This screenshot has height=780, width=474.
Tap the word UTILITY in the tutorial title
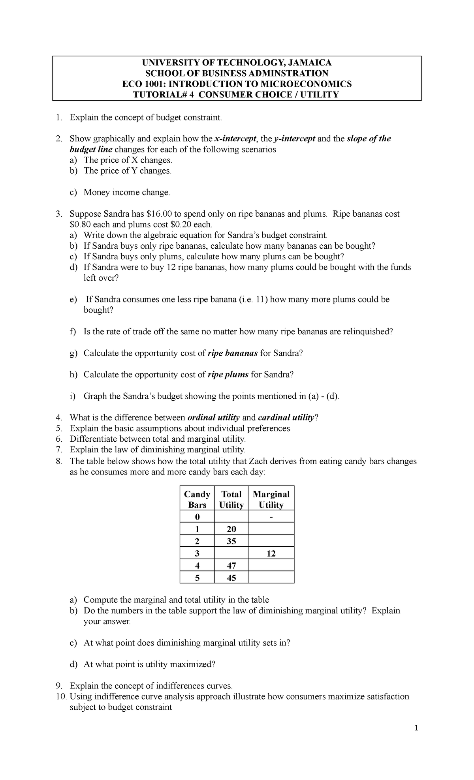click(319, 94)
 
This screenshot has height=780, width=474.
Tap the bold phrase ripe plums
click(228, 374)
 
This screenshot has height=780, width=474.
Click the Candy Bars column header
click(197, 499)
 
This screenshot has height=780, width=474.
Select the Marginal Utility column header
click(271, 499)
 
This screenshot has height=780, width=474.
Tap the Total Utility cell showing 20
click(231, 529)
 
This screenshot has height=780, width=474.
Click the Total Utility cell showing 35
click(231, 541)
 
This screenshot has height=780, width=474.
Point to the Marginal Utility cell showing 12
click(271, 553)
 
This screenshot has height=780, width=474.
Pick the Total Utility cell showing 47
click(231, 566)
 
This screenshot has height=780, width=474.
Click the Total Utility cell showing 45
click(231, 578)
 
